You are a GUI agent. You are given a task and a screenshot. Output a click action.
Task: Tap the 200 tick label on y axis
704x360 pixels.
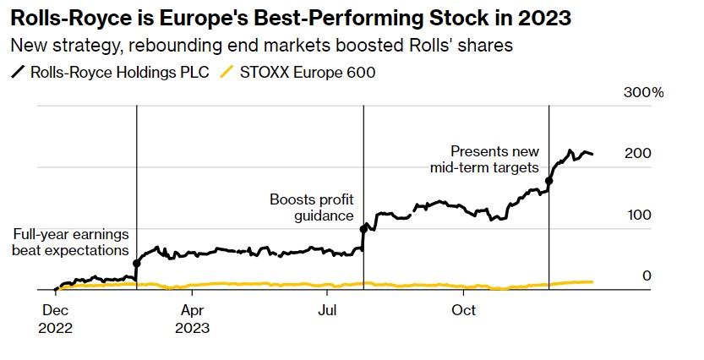(x=638, y=154)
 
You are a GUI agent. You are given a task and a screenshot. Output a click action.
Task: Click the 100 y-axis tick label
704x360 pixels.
(x=638, y=215)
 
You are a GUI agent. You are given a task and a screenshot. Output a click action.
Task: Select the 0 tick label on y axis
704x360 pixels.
(x=647, y=275)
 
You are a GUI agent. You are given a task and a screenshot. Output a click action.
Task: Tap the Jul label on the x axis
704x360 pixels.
(x=326, y=311)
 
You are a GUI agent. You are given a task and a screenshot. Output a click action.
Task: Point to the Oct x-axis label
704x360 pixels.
(x=463, y=311)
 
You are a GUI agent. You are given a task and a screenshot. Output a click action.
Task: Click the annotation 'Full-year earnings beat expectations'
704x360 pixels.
(x=70, y=243)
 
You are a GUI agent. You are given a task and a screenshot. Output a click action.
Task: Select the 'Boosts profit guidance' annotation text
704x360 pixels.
(x=311, y=208)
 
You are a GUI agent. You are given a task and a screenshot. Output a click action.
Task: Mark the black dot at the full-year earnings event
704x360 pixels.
(x=136, y=264)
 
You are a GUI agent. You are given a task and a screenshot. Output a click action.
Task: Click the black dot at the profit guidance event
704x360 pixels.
(x=363, y=228)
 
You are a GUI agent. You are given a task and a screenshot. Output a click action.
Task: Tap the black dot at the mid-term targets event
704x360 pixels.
(x=549, y=181)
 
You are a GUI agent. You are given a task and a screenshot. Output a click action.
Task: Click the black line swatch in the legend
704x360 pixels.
(x=17, y=73)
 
